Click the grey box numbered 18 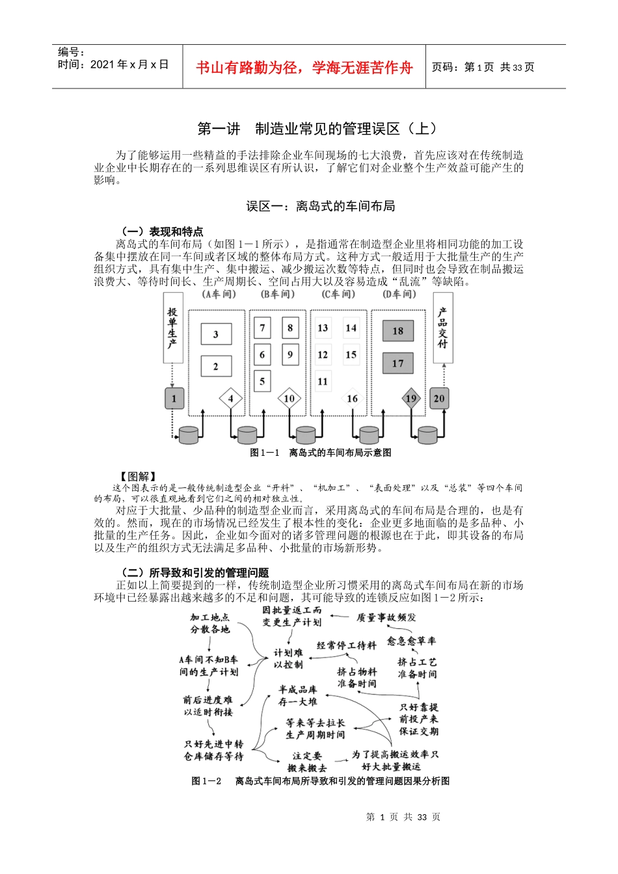point(397,331)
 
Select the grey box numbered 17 point(397,364)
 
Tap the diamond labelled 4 point(230,399)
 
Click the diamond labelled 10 point(289,399)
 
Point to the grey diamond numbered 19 point(410,399)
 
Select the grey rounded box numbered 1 point(174,399)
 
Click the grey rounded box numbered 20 point(439,399)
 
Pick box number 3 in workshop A point(216,335)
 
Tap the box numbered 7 point(262,328)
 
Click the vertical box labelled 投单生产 point(172,328)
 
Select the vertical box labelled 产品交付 point(442,328)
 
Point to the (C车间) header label point(338,295)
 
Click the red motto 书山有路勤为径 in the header point(304,67)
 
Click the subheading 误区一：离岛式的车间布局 point(320,206)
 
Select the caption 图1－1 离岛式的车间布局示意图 point(321,453)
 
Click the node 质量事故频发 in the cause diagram point(386,617)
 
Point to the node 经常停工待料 point(346,646)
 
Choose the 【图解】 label point(137,477)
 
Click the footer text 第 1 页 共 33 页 point(403,817)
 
